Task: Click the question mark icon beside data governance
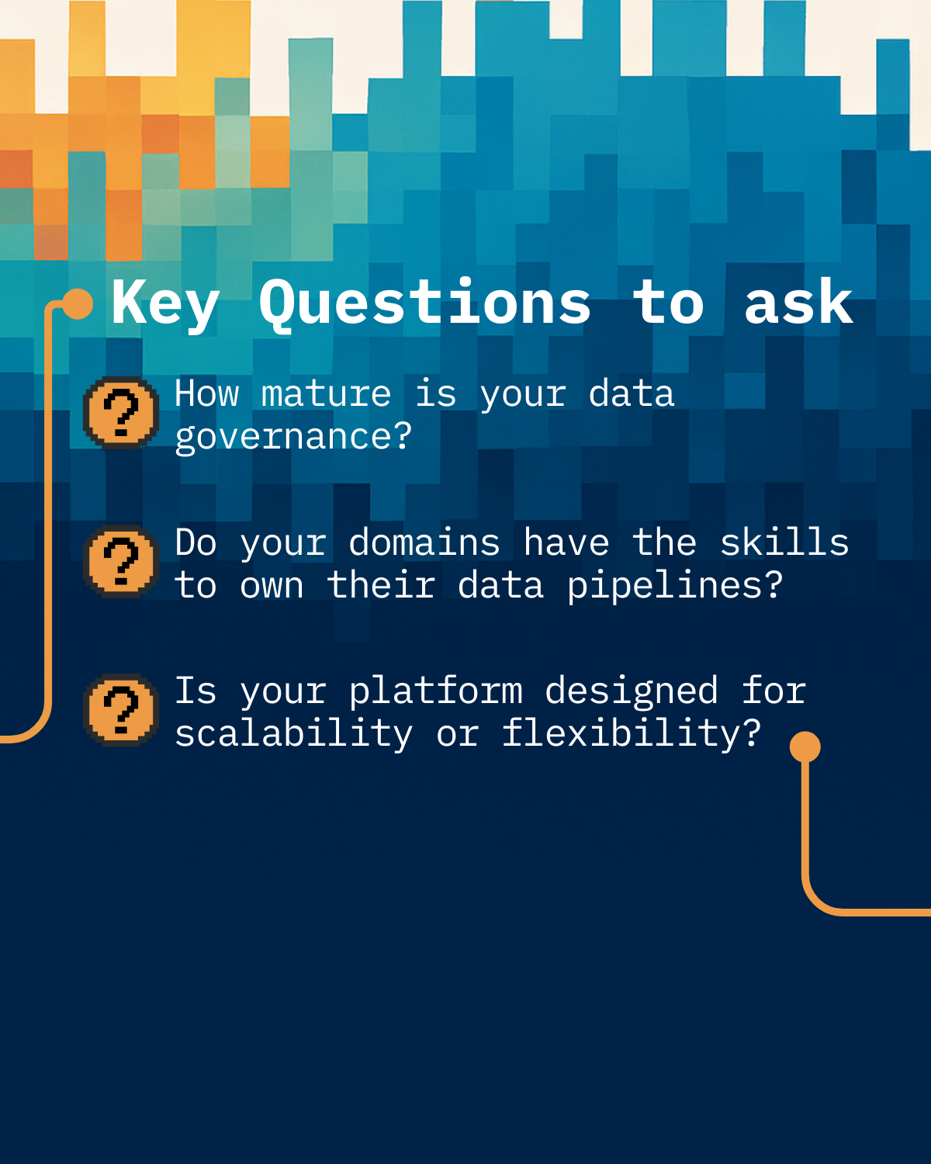(x=120, y=413)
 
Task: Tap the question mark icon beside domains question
(x=120, y=562)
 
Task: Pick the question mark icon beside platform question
(x=120, y=710)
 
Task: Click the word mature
(x=326, y=394)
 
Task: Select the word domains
(x=424, y=542)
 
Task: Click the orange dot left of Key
(x=78, y=304)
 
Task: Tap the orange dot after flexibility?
(x=805, y=747)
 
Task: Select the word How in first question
(x=206, y=393)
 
